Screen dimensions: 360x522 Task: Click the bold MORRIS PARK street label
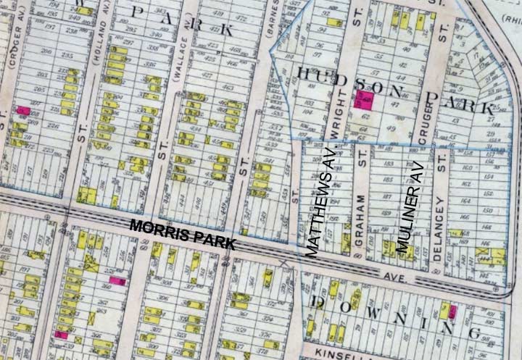point(182,235)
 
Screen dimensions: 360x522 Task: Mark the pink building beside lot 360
point(117,280)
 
